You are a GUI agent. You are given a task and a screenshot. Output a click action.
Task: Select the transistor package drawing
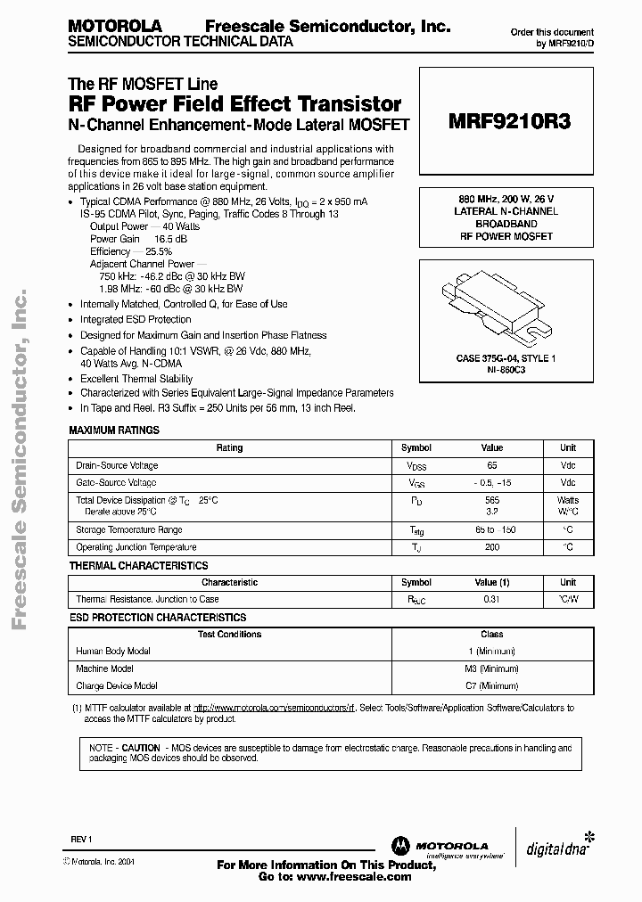click(505, 304)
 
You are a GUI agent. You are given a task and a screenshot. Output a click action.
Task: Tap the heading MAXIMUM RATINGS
click(114, 430)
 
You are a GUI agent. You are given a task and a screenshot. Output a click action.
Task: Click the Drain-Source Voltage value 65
click(492, 465)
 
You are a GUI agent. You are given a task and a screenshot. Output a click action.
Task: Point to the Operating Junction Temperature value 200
click(492, 547)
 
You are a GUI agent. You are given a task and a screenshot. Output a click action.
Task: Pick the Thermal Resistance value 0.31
click(492, 599)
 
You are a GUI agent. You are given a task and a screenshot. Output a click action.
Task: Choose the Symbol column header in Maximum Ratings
click(416, 447)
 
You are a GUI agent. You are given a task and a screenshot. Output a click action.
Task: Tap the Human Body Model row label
click(113, 652)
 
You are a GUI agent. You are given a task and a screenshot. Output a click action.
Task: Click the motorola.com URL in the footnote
click(275, 708)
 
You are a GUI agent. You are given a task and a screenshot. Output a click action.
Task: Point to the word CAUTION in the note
click(141, 748)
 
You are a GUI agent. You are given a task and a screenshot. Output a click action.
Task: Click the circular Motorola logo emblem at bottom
click(398, 846)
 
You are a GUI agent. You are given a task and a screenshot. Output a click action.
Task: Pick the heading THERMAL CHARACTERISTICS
click(138, 565)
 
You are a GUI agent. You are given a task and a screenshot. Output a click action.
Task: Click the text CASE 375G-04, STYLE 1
click(505, 357)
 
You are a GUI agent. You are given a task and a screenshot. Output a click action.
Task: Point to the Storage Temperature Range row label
click(129, 530)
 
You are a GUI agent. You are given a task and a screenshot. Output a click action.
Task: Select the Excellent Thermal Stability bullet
click(136, 379)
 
